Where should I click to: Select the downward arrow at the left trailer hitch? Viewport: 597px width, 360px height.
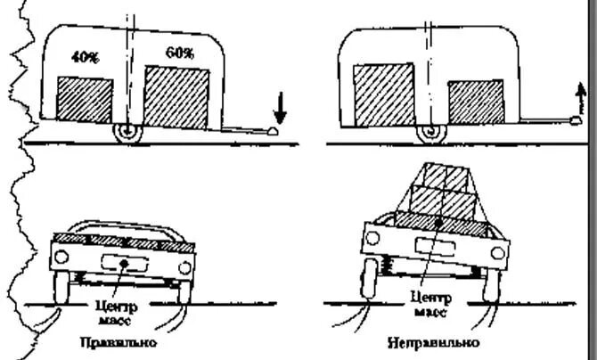coord(279,108)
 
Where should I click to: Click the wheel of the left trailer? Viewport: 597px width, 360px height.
coord(127,132)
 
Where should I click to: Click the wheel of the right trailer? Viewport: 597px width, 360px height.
coord(429,132)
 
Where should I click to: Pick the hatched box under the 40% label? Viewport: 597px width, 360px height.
coord(85,100)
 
